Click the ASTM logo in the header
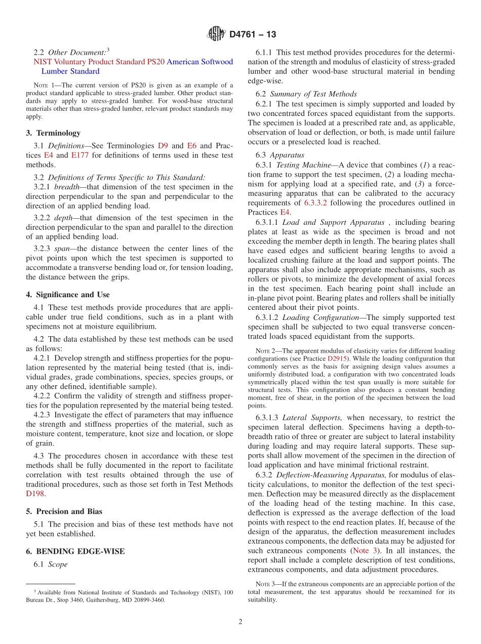[x=216, y=34]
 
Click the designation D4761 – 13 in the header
[x=253, y=34]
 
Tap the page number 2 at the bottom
[x=240, y=622]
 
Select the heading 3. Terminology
[x=53, y=133]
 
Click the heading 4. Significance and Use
[x=67, y=295]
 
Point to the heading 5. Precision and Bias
[x=64, y=511]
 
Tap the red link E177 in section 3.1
[x=79, y=155]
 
